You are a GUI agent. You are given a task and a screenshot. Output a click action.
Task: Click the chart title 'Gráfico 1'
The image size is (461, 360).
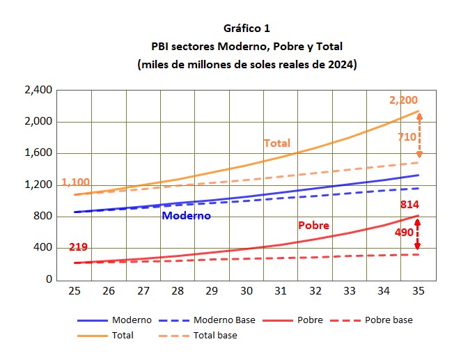point(247,29)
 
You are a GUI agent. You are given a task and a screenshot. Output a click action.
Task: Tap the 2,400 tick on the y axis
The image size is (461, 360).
point(38,90)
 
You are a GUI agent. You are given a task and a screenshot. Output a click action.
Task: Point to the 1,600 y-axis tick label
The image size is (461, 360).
point(38,153)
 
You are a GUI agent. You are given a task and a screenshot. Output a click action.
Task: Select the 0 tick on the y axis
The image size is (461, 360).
point(48,280)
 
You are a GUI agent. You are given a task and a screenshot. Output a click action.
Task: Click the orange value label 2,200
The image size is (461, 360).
point(404,100)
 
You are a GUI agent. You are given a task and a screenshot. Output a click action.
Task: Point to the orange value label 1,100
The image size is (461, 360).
point(76,182)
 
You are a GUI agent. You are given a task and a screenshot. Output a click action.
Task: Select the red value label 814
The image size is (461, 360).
point(409,205)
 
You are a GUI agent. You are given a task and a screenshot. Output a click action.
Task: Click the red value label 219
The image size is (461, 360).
point(78,247)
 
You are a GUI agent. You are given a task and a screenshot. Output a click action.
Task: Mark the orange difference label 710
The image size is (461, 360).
point(407,138)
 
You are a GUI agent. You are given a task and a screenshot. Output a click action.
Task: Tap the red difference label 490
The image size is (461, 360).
point(404,233)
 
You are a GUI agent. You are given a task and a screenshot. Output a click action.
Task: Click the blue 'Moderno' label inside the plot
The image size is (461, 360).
point(186,216)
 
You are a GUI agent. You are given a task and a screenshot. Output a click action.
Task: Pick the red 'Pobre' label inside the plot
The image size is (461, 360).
point(313,226)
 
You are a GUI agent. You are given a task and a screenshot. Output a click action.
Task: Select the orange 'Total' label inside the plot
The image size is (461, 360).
point(276,143)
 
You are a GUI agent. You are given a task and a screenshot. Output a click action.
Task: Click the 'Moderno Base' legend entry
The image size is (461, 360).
point(224,320)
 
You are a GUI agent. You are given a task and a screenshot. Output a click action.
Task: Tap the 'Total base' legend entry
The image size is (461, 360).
point(214,335)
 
